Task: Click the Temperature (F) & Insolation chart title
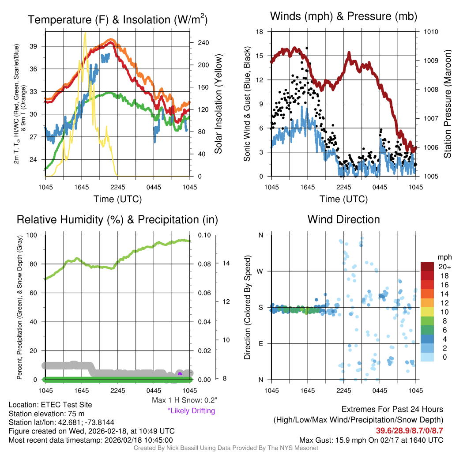(117, 19)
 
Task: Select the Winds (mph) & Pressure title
(343, 16)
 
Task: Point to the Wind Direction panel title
(343, 219)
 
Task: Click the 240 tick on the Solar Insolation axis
(203, 43)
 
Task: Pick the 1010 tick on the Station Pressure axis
(430, 32)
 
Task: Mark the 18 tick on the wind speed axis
(260, 32)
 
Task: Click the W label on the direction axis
(260, 271)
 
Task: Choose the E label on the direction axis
(260, 343)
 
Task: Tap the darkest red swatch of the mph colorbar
(428, 267)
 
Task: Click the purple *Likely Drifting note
(191, 411)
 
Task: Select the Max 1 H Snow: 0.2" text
(185, 400)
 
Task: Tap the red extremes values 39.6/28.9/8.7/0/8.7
(409, 430)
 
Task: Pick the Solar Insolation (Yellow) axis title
(218, 104)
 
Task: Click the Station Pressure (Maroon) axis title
(447, 104)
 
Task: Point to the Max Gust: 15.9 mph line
(371, 440)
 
